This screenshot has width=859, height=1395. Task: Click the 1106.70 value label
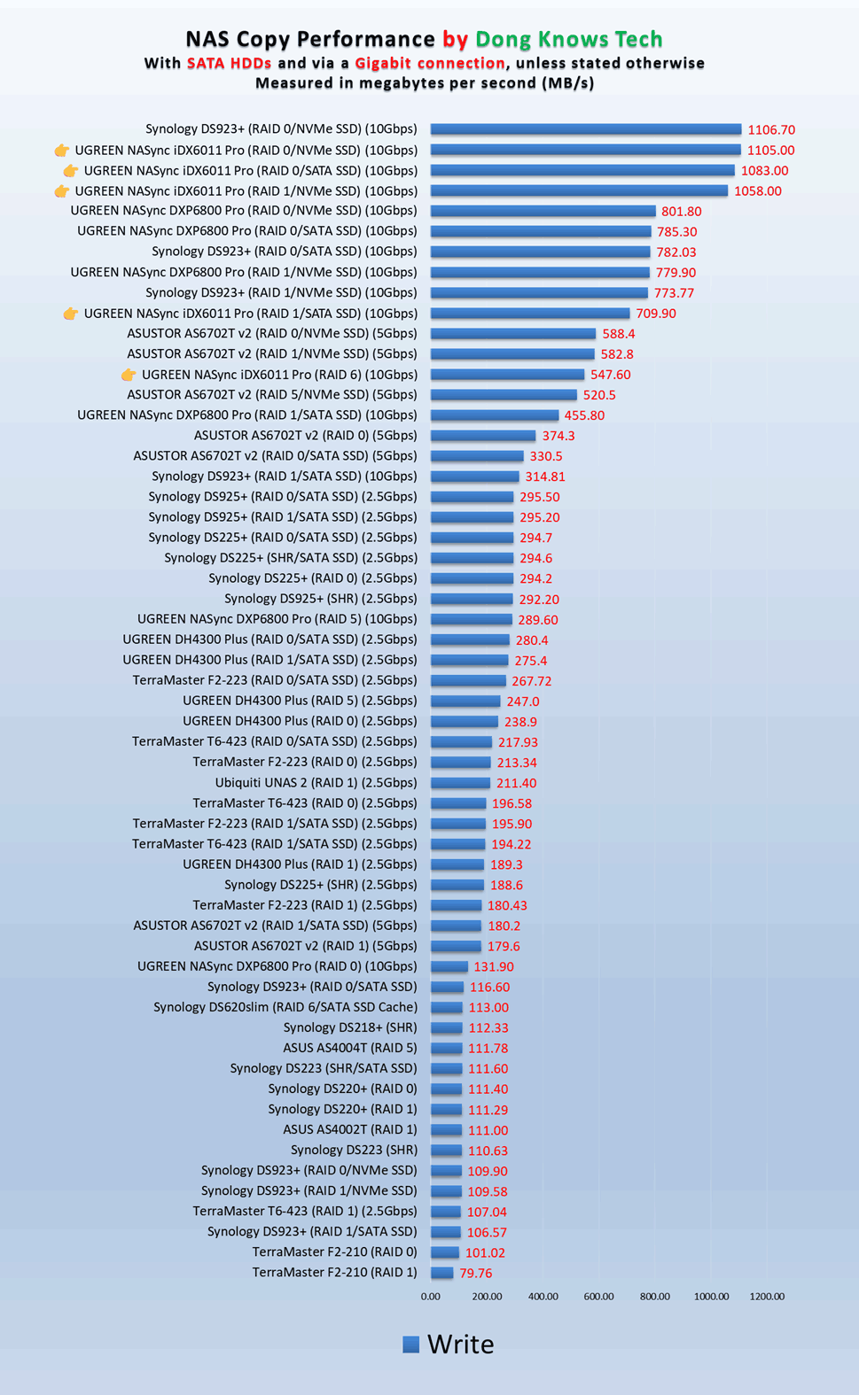pyautogui.click(x=771, y=130)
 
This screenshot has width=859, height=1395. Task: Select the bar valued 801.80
pyautogui.click(x=543, y=212)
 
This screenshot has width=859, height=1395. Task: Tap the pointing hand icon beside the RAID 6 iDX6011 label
pyautogui.click(x=129, y=375)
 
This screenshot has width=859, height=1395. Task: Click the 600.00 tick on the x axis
pyautogui.click(x=598, y=1297)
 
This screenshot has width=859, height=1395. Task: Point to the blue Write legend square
pyautogui.click(x=411, y=1345)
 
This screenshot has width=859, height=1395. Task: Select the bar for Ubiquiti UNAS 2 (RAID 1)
pyautogui.click(x=460, y=783)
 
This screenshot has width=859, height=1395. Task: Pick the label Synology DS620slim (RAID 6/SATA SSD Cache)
pyautogui.click(x=285, y=1007)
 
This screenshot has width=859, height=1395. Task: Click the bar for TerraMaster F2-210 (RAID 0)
pyautogui.click(x=445, y=1252)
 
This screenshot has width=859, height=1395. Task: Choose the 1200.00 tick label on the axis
pyautogui.click(x=767, y=1297)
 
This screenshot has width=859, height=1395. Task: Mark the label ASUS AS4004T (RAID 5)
pyautogui.click(x=349, y=1048)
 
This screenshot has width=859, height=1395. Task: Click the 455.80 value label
pyautogui.click(x=584, y=415)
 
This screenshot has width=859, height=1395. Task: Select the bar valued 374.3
pyautogui.click(x=483, y=436)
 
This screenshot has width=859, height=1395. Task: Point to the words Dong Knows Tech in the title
pyautogui.click(x=568, y=40)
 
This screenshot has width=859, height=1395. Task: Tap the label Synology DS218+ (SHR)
pyautogui.click(x=349, y=1027)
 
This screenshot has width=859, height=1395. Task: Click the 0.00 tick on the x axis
pyautogui.click(x=430, y=1297)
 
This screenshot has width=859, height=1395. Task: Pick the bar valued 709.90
pyautogui.click(x=530, y=314)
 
